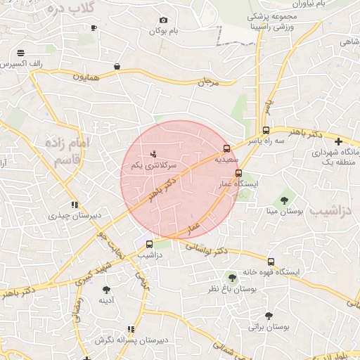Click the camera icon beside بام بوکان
tap(164, 20)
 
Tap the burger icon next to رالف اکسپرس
tap(20, 53)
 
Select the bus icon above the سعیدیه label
tap(226, 148)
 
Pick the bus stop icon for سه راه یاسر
tap(266, 130)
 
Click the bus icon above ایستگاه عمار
tap(238, 173)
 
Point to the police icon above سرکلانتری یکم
tap(155, 153)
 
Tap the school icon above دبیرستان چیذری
tap(73, 205)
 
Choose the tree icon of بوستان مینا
tap(284, 200)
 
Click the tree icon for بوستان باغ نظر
tap(232, 278)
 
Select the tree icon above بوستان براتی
tap(269, 316)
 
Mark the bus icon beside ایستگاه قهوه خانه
tap(271, 262)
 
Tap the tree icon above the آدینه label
tap(106, 290)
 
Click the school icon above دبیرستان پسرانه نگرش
tap(131, 329)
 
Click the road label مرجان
tap(209, 83)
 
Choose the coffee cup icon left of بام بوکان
tap(94, 28)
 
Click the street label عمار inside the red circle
tap(193, 227)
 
